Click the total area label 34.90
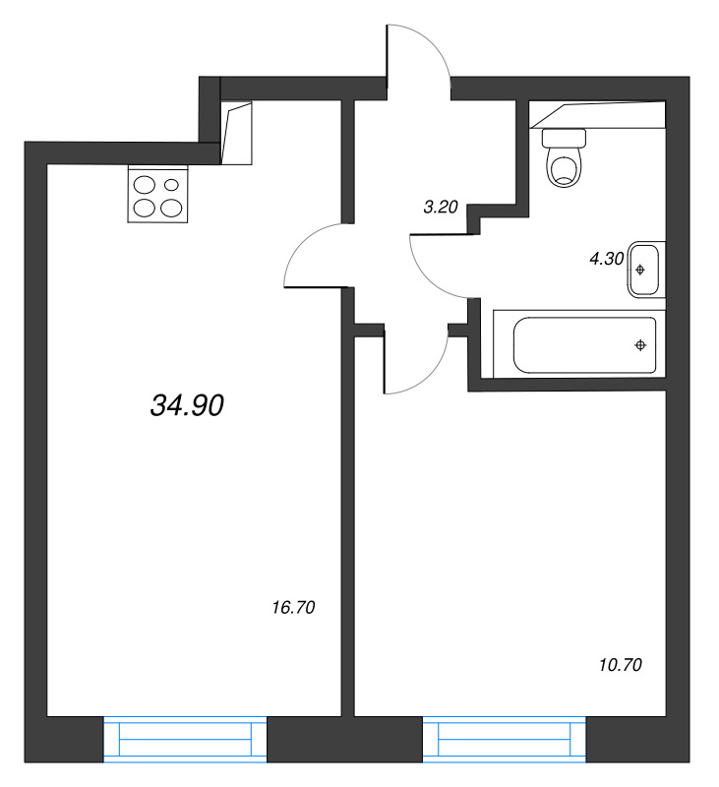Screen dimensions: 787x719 pyautogui.click(x=189, y=403)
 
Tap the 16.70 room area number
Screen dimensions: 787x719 pyautogui.click(x=292, y=608)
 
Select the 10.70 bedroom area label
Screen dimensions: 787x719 pyautogui.click(x=620, y=666)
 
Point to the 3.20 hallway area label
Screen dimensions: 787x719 pyautogui.click(x=440, y=208)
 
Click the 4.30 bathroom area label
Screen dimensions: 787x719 pyautogui.click(x=605, y=260)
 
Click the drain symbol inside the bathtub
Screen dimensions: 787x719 pyautogui.click(x=640, y=344)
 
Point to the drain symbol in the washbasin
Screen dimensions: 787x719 pyautogui.click(x=640, y=269)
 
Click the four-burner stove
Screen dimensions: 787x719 pyautogui.click(x=157, y=195)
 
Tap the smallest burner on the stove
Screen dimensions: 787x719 pyautogui.click(x=172, y=184)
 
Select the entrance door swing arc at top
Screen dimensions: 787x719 pyautogui.click(x=421, y=49)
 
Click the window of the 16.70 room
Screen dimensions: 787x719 pyautogui.click(x=185, y=739)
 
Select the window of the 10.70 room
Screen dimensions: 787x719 pyautogui.click(x=504, y=739)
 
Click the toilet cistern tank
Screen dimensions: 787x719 pyautogui.click(x=565, y=138)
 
